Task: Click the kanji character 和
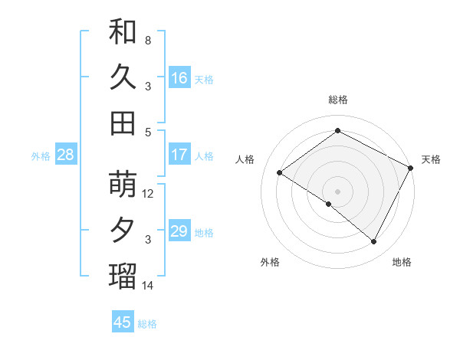tap(123, 32)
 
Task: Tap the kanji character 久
tap(123, 77)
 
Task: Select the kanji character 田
tap(123, 123)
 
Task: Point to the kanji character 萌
tap(123, 185)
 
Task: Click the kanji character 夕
tap(123, 230)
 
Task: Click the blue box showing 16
tap(179, 78)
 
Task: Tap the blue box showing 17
tap(179, 155)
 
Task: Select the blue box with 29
tap(179, 231)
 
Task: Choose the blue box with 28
tap(66, 155)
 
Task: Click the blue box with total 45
tap(123, 322)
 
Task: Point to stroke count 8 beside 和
tap(147, 40)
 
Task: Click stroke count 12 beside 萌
tap(149, 194)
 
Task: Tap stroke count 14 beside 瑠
tap(149, 286)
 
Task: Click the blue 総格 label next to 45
tap(147, 324)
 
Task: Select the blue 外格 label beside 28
tap(41, 156)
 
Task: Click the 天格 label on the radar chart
tap(431, 159)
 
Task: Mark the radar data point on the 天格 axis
tap(410, 168)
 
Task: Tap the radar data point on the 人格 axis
tap(279, 173)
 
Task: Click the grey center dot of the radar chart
tap(337, 190)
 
